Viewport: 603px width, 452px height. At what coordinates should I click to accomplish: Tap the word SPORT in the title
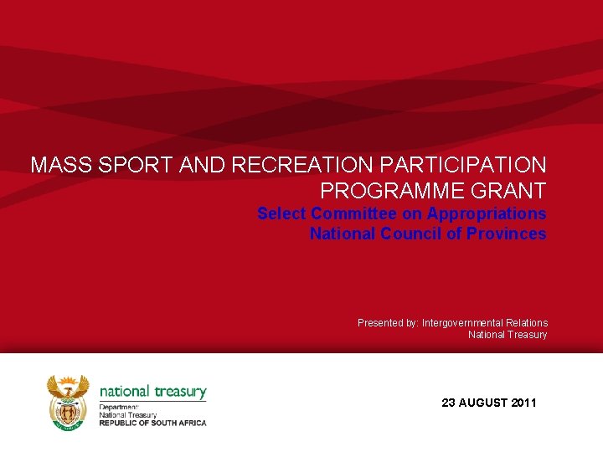click(134, 165)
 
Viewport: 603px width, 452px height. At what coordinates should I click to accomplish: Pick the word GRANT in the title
click(510, 190)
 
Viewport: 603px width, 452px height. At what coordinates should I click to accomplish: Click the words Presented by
click(387, 323)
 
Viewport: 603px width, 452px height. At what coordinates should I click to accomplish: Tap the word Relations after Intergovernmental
click(528, 323)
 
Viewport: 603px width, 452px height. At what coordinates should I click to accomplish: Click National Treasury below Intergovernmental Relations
click(508, 335)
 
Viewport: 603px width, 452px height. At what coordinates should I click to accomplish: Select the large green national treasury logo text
click(152, 391)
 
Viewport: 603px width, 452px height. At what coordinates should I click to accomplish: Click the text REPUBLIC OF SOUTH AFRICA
click(152, 423)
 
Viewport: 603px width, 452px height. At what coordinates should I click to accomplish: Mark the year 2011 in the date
click(523, 403)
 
